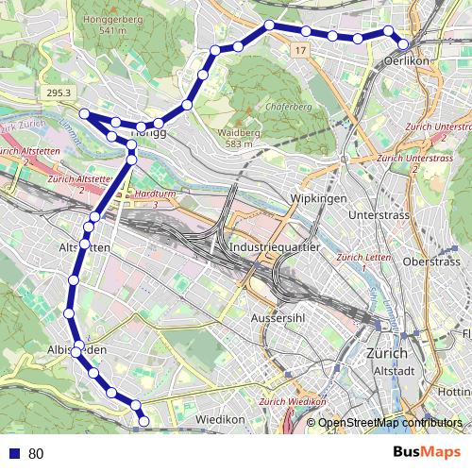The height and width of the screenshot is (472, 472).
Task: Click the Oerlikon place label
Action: [408, 60]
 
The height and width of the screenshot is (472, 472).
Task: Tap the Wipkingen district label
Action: [320, 199]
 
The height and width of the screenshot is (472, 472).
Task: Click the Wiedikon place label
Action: [220, 418]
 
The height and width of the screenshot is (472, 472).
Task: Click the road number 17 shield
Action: [300, 48]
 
